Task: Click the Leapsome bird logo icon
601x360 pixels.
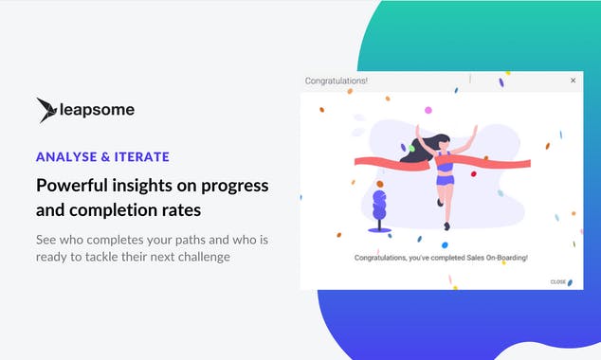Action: point(46,110)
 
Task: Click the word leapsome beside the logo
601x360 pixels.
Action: point(98,110)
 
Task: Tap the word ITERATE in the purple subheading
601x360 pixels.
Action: point(141,156)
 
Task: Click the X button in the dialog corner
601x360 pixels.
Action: point(573,81)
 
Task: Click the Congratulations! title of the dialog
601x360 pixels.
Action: point(337,81)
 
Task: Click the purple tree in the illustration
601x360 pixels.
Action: point(380,208)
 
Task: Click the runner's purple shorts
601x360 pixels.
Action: point(445,180)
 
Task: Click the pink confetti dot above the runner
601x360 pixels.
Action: point(428,110)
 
